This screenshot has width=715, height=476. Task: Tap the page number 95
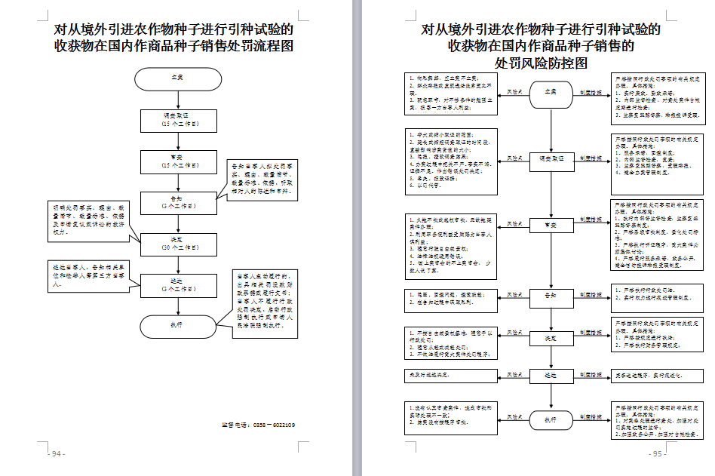(658, 454)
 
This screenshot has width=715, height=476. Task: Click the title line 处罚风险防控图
(541, 64)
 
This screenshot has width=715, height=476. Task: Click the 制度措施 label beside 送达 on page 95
(591, 374)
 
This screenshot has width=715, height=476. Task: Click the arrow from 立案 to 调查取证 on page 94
(179, 100)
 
